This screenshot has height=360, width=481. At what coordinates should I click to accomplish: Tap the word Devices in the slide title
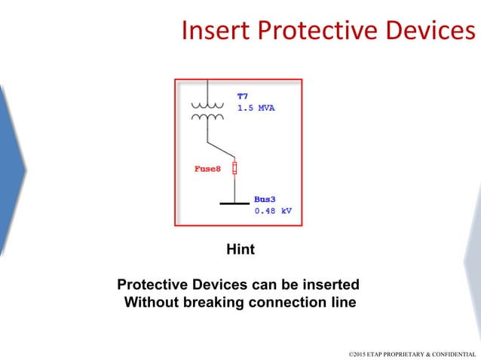click(431, 30)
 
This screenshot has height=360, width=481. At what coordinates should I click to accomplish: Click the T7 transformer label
click(243, 96)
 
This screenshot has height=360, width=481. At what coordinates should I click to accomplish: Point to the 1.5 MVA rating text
click(256, 108)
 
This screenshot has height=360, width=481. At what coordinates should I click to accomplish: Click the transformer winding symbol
click(207, 111)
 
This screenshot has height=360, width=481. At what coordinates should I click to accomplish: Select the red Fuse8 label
click(207, 168)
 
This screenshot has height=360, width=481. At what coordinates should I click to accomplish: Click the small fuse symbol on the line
click(234, 167)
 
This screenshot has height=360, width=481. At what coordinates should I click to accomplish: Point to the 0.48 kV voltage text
click(272, 211)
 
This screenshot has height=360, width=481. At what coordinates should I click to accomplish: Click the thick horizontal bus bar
click(234, 203)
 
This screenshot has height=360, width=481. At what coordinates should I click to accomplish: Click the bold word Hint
click(240, 249)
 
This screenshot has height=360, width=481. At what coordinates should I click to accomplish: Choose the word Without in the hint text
click(151, 304)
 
